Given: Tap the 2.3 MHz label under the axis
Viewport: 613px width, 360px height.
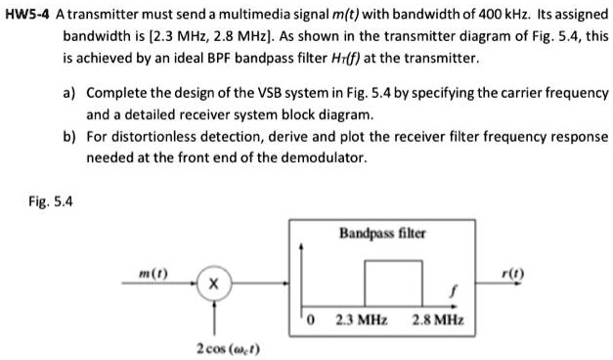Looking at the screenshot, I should [x=361, y=320].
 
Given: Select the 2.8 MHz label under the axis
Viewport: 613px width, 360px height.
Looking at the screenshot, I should [x=439, y=320].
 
